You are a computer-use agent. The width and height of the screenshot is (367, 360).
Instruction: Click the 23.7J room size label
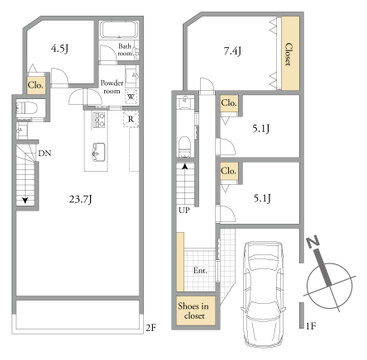point(80,200)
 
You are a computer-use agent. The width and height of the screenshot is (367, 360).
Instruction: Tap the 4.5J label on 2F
point(59,49)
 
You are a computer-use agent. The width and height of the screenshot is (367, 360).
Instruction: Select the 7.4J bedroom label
point(232,51)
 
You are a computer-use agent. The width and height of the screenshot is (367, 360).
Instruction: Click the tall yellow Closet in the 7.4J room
point(290,53)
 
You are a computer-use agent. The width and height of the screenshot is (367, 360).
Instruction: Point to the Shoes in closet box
point(196,310)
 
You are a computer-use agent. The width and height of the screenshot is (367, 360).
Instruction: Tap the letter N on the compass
point(314,243)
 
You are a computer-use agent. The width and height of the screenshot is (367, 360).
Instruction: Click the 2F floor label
point(151,328)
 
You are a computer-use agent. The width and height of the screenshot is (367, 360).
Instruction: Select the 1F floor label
point(311,326)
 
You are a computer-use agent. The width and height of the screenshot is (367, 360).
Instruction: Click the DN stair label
point(44,154)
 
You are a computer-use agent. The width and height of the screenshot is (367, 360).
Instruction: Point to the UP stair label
point(183,211)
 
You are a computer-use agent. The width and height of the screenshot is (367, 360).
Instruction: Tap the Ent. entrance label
point(200,270)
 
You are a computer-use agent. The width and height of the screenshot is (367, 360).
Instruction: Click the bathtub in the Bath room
point(119,30)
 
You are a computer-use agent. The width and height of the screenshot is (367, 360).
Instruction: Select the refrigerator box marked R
point(131,119)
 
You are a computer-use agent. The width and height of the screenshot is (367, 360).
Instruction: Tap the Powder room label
point(112,87)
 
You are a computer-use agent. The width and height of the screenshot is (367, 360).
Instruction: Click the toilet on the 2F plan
point(26,107)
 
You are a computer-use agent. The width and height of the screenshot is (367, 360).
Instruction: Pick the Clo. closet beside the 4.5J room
point(36,85)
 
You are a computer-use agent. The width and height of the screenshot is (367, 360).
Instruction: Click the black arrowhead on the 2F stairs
point(25,200)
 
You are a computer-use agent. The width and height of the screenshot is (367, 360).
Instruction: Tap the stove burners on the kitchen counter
point(98,118)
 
